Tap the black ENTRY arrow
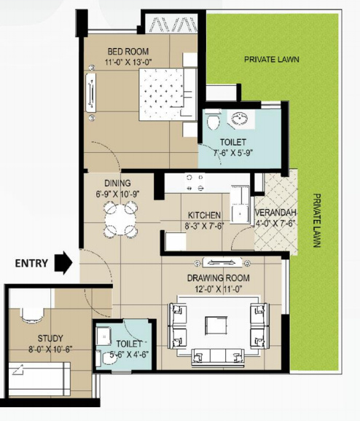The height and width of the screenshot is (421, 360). click(66, 262)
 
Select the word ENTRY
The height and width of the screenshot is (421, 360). click(31, 263)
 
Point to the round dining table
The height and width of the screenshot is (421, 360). click(120, 217)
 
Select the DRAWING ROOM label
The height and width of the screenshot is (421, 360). click(218, 278)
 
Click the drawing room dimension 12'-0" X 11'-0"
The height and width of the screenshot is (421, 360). click(218, 289)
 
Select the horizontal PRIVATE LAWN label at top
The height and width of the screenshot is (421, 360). click(272, 59)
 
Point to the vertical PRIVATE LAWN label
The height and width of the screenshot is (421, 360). click(317, 221)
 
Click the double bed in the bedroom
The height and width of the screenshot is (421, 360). click(168, 92)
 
